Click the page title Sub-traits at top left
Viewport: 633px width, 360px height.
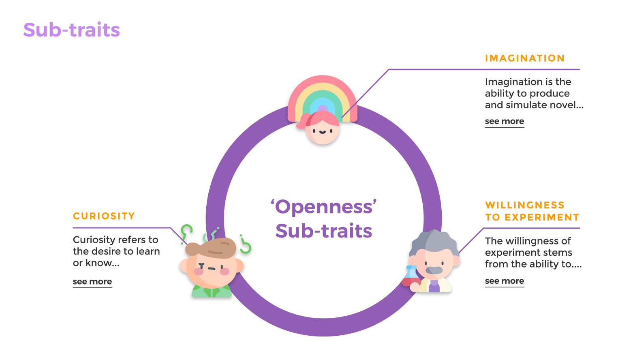pyautogui.click(x=71, y=30)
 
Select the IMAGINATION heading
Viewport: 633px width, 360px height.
pyautogui.click(x=525, y=58)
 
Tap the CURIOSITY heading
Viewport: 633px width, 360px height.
pyautogui.click(x=104, y=216)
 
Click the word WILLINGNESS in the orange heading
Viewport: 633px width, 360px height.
pyautogui.click(x=525, y=205)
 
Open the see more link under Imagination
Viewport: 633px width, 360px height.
pyautogui.click(x=505, y=121)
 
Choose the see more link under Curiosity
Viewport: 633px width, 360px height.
pyautogui.click(x=92, y=282)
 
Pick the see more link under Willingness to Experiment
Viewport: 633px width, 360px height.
pyautogui.click(x=505, y=281)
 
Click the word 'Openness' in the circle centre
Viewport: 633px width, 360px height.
pyautogui.click(x=324, y=207)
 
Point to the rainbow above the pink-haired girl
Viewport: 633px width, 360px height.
pyautogui.click(x=323, y=91)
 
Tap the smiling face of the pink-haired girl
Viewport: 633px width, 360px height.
pyautogui.click(x=323, y=132)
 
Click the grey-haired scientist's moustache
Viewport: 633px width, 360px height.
pyautogui.click(x=434, y=270)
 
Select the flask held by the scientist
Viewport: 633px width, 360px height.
pyautogui.click(x=411, y=276)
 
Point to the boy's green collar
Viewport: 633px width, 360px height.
pyautogui.click(x=211, y=291)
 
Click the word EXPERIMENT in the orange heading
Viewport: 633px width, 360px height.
pyautogui.click(x=542, y=217)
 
